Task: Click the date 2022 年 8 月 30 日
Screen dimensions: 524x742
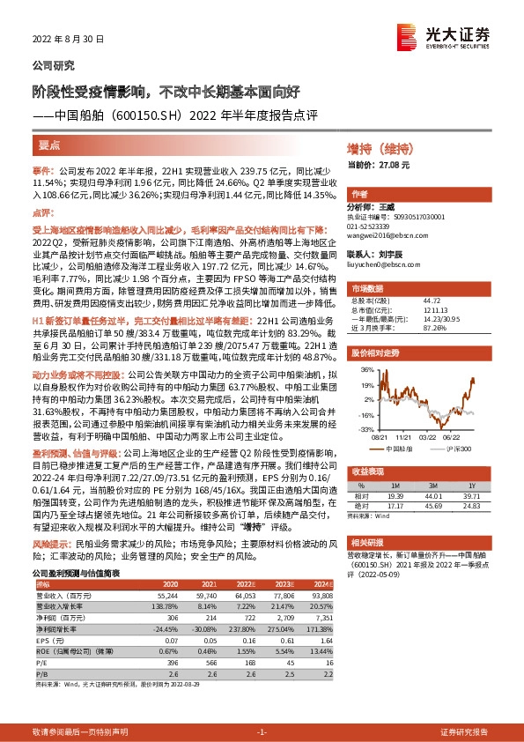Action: tap(68, 39)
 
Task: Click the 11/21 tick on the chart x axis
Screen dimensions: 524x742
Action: tap(405, 435)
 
